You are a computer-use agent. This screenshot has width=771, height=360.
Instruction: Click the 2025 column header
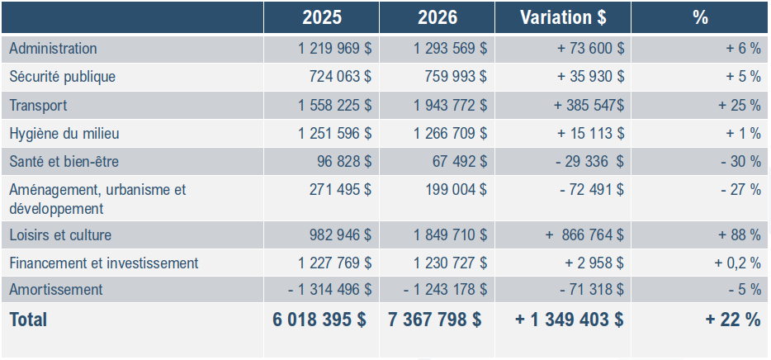(x=322, y=17)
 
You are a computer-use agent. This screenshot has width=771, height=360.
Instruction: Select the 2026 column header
(x=438, y=17)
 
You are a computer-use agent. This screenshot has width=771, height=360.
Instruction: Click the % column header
(x=701, y=17)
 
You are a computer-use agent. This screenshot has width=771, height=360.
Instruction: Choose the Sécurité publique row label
(x=63, y=77)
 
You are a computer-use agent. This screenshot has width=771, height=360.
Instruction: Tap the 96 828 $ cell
(x=344, y=161)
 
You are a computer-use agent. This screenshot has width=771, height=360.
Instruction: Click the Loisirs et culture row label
(x=60, y=235)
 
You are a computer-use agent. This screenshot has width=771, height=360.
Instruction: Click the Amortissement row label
(x=56, y=290)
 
